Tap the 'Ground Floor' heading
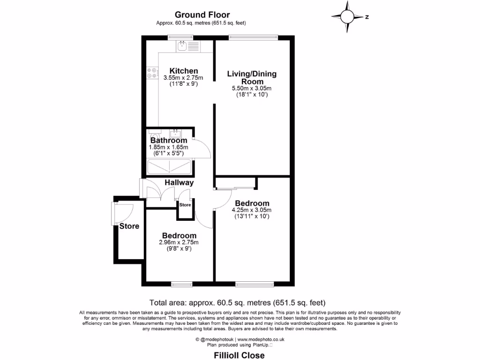(202, 15)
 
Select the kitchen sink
(188, 46)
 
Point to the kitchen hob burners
(152, 73)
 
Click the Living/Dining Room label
(252, 77)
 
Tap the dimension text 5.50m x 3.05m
(252, 88)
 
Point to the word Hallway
(179, 182)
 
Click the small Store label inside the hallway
(185, 205)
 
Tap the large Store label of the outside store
(129, 226)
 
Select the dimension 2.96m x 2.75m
(179, 242)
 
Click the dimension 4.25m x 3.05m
(252, 210)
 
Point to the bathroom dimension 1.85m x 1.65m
(168, 147)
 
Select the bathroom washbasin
(175, 133)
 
